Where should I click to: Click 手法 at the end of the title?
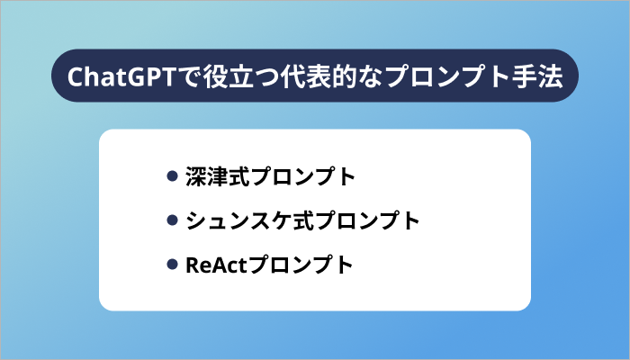point(538,76)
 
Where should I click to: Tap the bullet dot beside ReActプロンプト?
point(173,265)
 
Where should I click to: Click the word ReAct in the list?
point(215,265)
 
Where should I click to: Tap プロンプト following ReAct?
point(301,265)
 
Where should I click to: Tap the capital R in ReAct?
point(192,265)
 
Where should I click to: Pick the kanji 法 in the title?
point(551,76)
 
